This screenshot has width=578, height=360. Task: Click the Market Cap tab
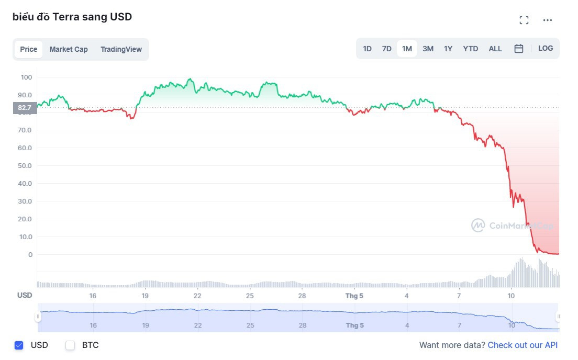(x=69, y=49)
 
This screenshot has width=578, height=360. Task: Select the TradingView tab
(x=121, y=49)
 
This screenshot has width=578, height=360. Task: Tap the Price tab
(x=29, y=49)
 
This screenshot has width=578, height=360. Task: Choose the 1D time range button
(x=368, y=49)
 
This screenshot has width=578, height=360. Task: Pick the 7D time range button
(x=386, y=49)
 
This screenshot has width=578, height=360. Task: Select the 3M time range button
(x=428, y=49)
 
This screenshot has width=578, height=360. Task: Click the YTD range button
(x=471, y=49)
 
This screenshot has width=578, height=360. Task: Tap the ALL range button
(x=495, y=49)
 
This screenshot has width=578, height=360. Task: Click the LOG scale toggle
(x=546, y=48)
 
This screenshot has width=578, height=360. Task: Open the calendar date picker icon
(x=519, y=49)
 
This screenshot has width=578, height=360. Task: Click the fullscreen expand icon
(x=524, y=20)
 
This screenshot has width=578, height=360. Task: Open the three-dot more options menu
(x=548, y=20)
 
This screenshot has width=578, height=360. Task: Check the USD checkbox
(x=19, y=345)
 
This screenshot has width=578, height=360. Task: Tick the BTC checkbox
(x=70, y=345)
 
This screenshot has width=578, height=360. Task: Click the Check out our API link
(x=523, y=345)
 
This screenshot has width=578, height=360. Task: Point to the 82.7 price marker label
(x=25, y=108)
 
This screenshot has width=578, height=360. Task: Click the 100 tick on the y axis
(x=27, y=77)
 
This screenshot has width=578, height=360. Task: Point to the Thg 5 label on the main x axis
(x=354, y=295)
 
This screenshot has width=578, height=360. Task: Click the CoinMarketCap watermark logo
(x=478, y=226)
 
